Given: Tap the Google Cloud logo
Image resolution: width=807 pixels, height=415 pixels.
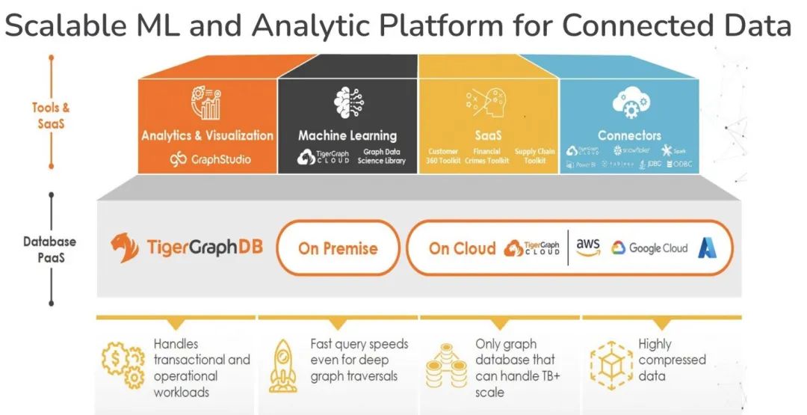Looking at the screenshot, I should coord(649,248).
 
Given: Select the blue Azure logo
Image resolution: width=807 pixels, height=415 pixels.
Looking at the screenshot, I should coord(708,248).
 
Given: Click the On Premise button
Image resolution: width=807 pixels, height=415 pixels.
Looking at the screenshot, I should coord(338,248).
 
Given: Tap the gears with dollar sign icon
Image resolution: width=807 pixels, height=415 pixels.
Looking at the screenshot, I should coord(123,365).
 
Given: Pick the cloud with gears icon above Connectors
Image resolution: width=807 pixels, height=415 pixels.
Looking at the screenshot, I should coord(629,104).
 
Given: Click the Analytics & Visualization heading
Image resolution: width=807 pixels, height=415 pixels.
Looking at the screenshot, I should coord(207,135).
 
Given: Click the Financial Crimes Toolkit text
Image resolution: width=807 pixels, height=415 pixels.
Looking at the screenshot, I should coord(487,156).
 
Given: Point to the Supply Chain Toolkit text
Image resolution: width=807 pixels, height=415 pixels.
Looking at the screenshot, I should coord(535,156).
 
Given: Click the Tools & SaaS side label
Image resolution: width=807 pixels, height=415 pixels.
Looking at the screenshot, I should coord(51,116).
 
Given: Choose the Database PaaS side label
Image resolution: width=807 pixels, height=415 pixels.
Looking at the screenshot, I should coord(51,248).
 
